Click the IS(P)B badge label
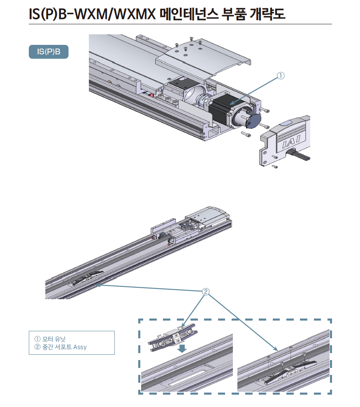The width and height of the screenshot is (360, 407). coord(49,52)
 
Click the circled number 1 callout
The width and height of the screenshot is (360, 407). coord(281,76)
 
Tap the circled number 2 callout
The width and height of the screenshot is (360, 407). coord(206,292)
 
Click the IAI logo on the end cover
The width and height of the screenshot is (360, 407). coord(293,142)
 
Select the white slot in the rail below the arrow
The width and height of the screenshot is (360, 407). coord(187,377)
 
